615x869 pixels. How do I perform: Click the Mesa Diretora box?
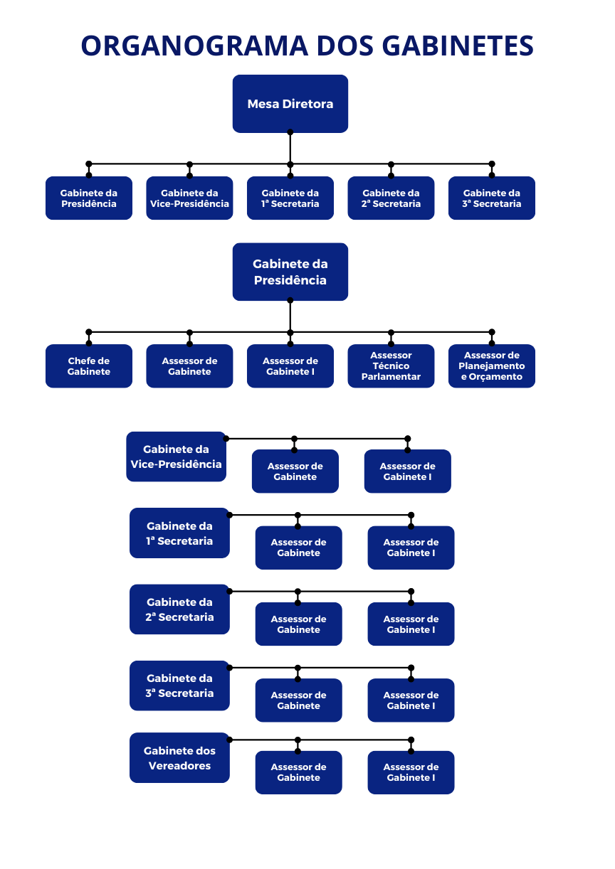[x=290, y=104]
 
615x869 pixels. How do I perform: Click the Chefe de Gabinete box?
[x=89, y=366]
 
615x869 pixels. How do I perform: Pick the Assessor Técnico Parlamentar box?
[x=391, y=366]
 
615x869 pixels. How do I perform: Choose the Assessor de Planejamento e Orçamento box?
[x=492, y=366]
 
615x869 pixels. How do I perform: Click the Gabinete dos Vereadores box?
[x=179, y=758]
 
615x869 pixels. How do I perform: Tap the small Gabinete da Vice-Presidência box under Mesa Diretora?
[x=189, y=198]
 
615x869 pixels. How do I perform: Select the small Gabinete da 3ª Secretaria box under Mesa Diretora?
[x=492, y=198]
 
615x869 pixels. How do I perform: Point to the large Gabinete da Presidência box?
[x=290, y=272]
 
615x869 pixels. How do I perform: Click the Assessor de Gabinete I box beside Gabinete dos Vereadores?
[x=411, y=772]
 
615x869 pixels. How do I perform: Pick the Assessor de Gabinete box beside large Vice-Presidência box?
[x=295, y=471]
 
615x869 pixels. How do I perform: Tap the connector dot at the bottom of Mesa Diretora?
[x=290, y=132]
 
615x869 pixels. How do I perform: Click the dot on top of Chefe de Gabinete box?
[x=89, y=343]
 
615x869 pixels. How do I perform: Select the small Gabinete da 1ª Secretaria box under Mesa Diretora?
[x=290, y=198]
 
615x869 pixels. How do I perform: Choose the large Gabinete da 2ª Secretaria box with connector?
[x=179, y=609]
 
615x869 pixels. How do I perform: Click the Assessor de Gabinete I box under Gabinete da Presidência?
[x=290, y=366]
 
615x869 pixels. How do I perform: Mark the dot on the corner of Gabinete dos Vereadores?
[x=229, y=740]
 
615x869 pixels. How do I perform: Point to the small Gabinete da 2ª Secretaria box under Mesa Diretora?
[x=391, y=198]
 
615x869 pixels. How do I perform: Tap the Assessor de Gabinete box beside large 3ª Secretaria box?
[x=298, y=700]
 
